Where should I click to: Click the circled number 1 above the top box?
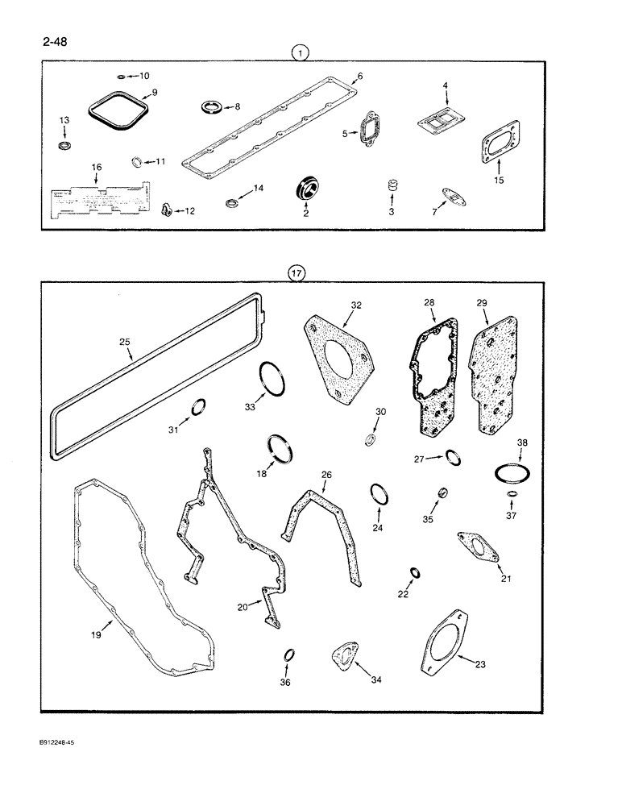[x=301, y=54]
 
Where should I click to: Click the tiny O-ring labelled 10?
[x=121, y=77]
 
